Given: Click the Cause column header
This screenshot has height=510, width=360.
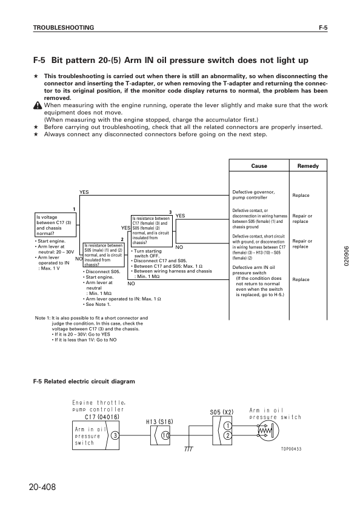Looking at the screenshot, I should [x=259, y=166].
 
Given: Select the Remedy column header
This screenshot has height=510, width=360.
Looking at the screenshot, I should [x=308, y=166].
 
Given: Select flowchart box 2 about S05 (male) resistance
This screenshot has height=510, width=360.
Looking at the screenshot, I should [x=104, y=254].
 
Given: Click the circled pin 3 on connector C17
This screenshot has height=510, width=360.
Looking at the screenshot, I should [x=115, y=435].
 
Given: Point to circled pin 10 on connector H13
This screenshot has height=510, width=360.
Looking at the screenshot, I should [x=165, y=435].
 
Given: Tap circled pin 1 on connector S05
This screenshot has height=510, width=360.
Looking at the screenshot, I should [x=226, y=426].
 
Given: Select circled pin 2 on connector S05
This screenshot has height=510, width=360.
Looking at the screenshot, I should [x=226, y=435].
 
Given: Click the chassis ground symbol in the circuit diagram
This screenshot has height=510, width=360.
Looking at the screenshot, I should [x=188, y=449].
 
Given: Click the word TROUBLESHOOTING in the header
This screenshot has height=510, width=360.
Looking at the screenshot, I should [x=63, y=28].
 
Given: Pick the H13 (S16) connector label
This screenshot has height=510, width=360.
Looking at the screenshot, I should [x=160, y=420].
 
